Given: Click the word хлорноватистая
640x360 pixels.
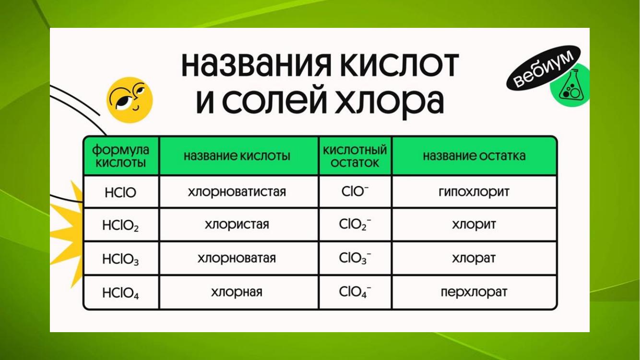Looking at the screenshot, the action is (237, 192).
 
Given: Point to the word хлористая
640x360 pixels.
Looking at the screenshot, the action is (237, 225).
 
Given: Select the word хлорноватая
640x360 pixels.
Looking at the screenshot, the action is (237, 258).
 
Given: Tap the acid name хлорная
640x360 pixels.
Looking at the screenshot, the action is (237, 292).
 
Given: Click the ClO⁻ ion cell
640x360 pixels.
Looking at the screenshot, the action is (355, 192).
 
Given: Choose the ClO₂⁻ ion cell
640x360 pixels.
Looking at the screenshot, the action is (355, 225).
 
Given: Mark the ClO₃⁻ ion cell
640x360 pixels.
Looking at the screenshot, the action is (355, 258).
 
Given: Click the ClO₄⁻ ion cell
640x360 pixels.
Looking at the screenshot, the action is (355, 292).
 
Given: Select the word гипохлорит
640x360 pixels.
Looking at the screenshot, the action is (474, 192).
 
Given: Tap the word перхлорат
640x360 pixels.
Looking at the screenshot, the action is (474, 292).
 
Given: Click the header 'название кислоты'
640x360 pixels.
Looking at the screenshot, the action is (237, 156).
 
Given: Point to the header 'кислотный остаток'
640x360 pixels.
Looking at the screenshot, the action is (355, 156).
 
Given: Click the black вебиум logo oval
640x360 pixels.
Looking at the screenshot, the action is (543, 68).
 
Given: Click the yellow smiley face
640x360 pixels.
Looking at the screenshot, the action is (130, 100).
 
